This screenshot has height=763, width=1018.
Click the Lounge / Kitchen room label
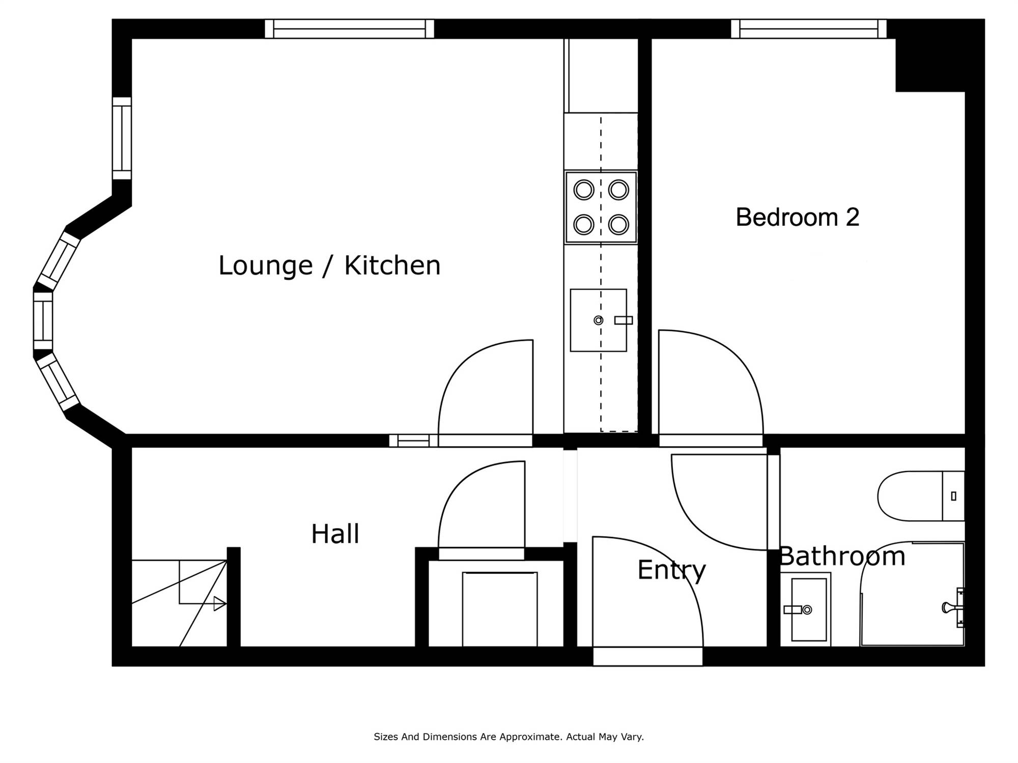point(329,266)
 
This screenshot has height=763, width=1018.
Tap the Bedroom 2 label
point(798,218)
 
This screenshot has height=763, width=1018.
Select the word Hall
point(335,534)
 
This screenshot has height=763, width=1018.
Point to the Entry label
point(671,570)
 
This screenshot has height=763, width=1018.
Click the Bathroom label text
point(842,556)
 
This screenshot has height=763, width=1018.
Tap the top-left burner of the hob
point(584,190)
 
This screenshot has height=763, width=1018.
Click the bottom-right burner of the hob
point(618,224)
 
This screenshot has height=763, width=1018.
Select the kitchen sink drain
point(599,320)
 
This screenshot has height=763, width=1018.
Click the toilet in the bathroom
point(921,496)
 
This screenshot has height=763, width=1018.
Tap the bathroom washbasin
point(808,609)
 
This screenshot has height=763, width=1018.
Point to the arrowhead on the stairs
point(220,604)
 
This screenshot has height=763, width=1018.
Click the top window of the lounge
point(349,28)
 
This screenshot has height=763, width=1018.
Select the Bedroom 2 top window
point(809,28)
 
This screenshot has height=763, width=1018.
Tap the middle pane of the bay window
point(43,320)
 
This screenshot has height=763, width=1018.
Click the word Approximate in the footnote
point(529,737)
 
